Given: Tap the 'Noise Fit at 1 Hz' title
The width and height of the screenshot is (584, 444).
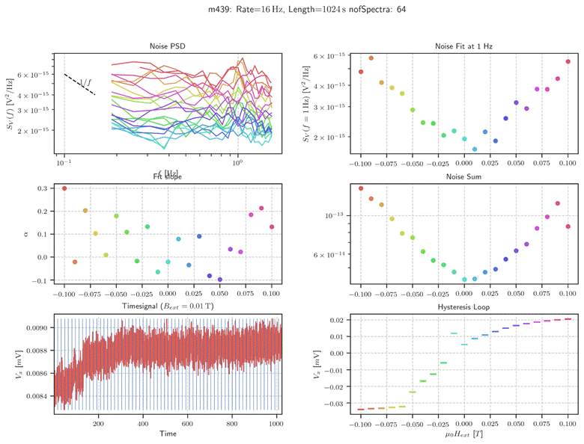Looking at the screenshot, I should [x=463, y=46].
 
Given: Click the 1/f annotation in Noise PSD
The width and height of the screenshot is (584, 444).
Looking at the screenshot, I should [x=86, y=81].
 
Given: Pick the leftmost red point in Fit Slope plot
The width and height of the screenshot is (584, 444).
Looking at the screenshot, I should [x=64, y=188].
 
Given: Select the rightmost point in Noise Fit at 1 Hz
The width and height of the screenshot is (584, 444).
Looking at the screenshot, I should [x=568, y=62].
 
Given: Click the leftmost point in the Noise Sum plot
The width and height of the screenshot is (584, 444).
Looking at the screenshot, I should [x=361, y=188].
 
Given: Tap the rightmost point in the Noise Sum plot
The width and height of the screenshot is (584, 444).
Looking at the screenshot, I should [x=568, y=226].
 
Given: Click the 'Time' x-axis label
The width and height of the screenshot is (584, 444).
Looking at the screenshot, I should [x=167, y=434].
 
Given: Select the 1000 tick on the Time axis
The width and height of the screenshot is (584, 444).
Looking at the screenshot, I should [x=274, y=423].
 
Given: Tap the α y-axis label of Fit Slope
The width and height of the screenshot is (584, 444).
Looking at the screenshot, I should [x=27, y=234].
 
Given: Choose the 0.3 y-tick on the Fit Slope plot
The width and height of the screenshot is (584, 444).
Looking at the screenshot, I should [x=43, y=188].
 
